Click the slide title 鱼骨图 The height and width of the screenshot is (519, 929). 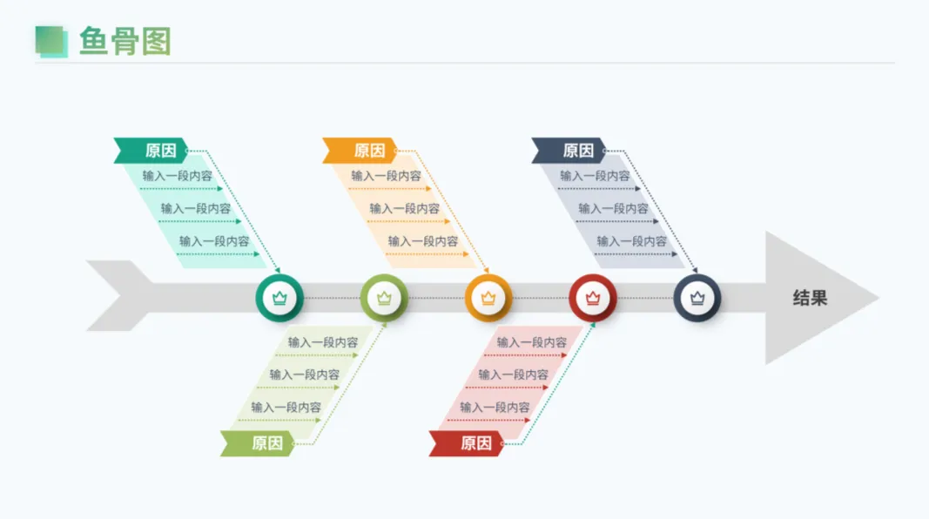pos(125,41)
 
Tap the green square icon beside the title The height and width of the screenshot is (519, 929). pos(51,41)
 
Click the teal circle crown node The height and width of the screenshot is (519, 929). pos(279,298)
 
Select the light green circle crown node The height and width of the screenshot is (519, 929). pos(384,298)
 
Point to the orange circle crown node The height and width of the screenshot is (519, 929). pos(488,298)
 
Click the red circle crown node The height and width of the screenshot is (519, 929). pos(593,298)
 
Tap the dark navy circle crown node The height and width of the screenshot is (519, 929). pos(697,298)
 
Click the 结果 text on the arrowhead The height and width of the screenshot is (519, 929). pos(810,298)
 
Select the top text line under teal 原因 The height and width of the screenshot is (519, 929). pos(178,176)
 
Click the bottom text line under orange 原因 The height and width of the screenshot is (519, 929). pos(423,241)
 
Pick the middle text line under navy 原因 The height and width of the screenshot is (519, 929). pos(614,208)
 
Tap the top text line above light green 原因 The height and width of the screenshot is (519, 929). pos(323,342)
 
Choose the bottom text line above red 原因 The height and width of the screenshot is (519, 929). pos(495,407)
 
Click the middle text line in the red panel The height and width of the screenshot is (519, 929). pos(514,374)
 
